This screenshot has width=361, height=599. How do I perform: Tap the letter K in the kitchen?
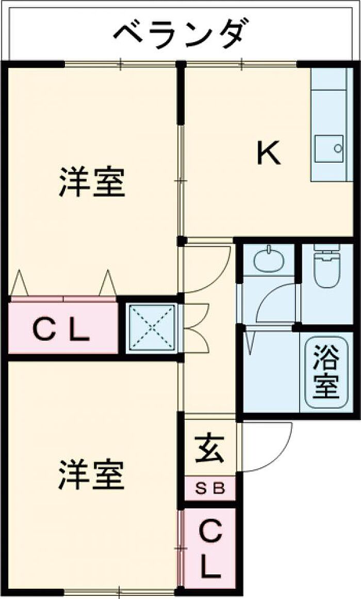point(269,153)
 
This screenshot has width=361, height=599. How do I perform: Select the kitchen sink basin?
point(329,148)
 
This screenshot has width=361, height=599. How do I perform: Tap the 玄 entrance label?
point(209,449)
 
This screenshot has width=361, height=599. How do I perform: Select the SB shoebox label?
point(210,489)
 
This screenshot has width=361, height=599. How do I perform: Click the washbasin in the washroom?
point(269,259)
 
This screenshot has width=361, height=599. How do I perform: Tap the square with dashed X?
point(152,328)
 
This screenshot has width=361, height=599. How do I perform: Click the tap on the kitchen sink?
point(338,148)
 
